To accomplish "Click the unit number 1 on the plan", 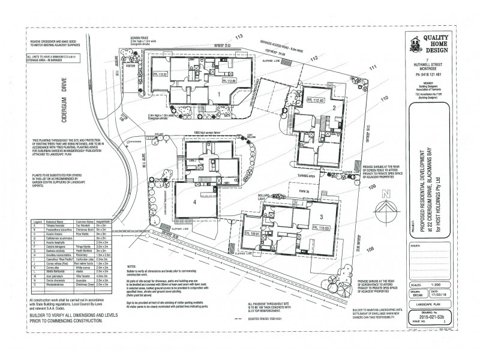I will pyautogui.click(x=220, y=94).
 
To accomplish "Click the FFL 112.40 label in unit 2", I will pyautogui.click(x=313, y=100).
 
